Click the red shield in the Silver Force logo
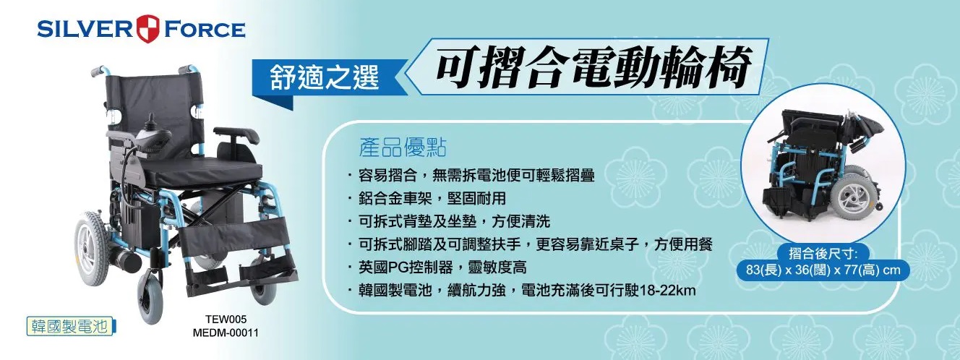[148, 29]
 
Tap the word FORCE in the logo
[205, 29]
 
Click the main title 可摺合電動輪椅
[593, 67]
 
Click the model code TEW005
[226, 320]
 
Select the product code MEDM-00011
[226, 333]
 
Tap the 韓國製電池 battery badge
[71, 327]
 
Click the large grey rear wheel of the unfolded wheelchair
[92, 249]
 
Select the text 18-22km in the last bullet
[668, 291]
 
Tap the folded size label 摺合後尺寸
[823, 254]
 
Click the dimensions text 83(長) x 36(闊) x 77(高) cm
[823, 270]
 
